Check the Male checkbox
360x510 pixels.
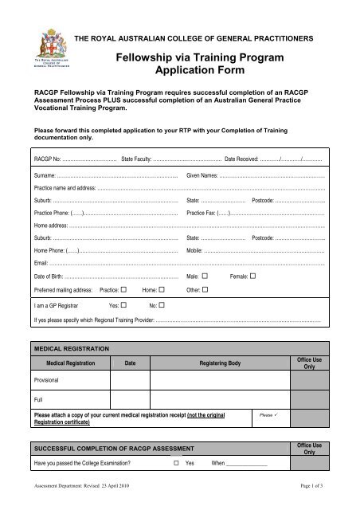coord(205,276)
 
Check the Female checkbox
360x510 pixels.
coord(253,276)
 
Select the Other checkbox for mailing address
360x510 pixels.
coord(205,290)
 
